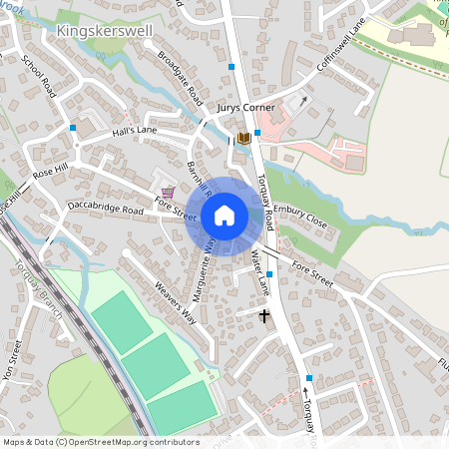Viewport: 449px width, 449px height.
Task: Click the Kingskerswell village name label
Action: [x=105, y=31]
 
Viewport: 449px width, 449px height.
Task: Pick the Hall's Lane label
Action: [x=135, y=131]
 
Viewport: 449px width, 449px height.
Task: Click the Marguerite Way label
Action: [x=207, y=270]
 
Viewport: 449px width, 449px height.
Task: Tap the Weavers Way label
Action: [x=175, y=304]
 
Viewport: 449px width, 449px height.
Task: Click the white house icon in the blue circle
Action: [x=224, y=216]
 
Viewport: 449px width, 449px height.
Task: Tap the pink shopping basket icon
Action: [x=167, y=192]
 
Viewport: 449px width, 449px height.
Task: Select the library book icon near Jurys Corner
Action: [x=242, y=139]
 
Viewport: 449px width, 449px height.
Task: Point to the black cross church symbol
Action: [x=264, y=317]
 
